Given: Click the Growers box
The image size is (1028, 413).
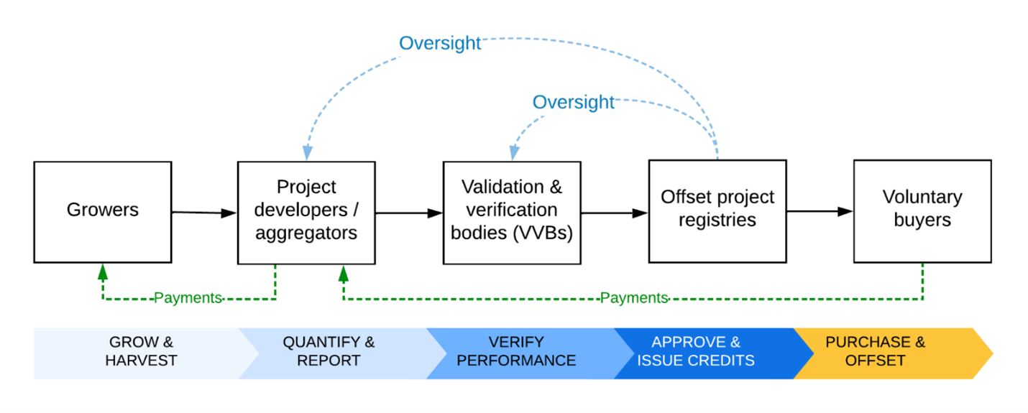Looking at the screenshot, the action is click(103, 212).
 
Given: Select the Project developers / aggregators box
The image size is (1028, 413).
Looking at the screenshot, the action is click(306, 212).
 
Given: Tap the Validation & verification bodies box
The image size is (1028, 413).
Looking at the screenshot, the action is click(512, 212).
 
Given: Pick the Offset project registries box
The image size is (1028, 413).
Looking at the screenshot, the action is click(717, 211).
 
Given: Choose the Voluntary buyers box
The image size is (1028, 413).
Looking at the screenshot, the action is click(922, 211).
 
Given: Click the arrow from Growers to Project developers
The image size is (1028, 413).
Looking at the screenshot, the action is click(204, 212).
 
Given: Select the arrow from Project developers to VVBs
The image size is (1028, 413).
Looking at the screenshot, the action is click(409, 213).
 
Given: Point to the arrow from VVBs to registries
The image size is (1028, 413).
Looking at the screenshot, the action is click(615, 213).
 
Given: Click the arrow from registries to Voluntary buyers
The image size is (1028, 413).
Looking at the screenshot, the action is click(820, 211).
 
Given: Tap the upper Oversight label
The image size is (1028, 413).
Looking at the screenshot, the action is click(440, 43).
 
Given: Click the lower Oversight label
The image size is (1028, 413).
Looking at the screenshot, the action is click(573, 102).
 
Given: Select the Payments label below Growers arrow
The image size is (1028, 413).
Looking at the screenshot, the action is click(188, 298).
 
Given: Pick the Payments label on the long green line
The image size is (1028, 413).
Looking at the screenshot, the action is click(634, 298).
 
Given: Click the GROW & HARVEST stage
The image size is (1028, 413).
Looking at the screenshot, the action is click(141, 351).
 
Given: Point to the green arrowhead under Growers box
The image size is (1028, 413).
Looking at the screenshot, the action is click(103, 272).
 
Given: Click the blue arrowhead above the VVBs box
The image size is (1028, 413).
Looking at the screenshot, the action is click(515, 152).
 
